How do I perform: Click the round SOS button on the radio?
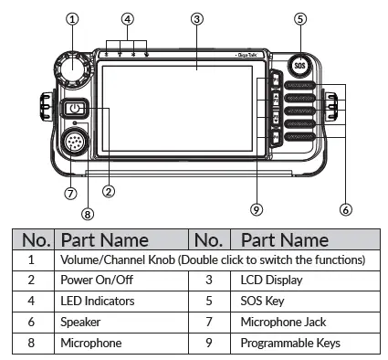[x=299, y=66]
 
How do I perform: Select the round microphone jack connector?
[x=74, y=144]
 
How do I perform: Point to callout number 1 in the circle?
[x=72, y=18]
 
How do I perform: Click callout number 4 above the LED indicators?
[x=128, y=18]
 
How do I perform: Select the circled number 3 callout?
[x=197, y=18]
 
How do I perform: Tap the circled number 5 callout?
[x=300, y=18]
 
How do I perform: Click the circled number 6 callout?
[x=344, y=209]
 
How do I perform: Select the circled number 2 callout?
[x=108, y=192]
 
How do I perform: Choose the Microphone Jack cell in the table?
[x=282, y=323]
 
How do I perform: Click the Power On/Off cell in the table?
[x=94, y=281]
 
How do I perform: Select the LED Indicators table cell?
[x=98, y=302]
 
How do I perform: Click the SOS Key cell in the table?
[x=264, y=302]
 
